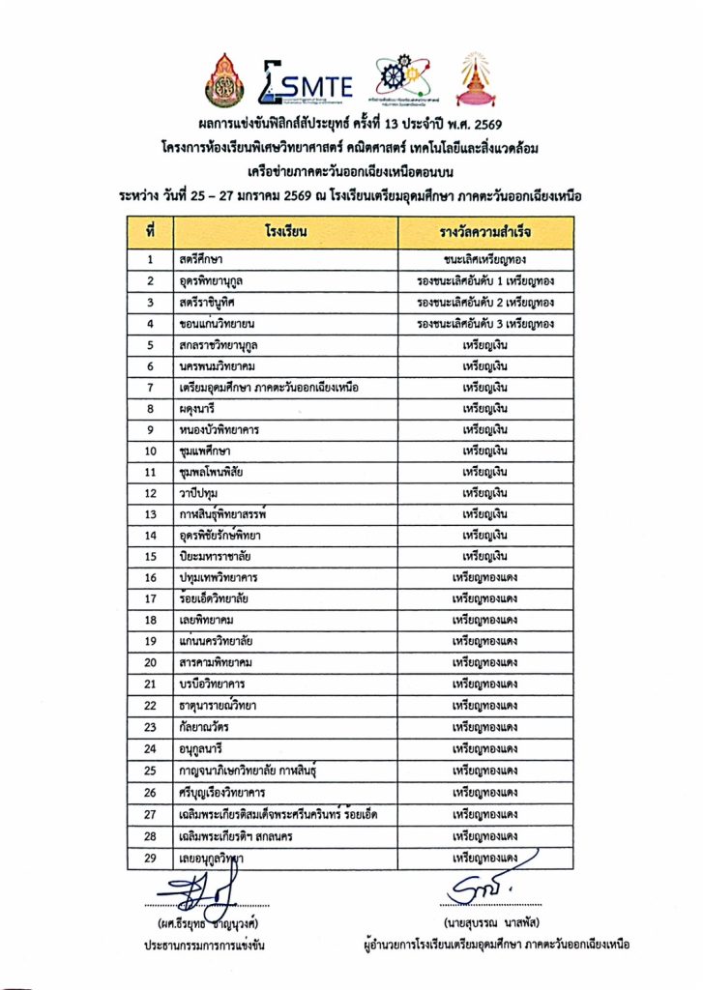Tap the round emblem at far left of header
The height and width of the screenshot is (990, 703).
(224, 80)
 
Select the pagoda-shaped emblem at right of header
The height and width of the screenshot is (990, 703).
(480, 80)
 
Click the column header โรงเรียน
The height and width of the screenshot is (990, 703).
(285, 233)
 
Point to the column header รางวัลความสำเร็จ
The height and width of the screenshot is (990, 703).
(484, 233)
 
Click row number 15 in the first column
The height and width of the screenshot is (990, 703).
(151, 556)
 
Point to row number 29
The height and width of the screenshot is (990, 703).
(151, 858)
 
